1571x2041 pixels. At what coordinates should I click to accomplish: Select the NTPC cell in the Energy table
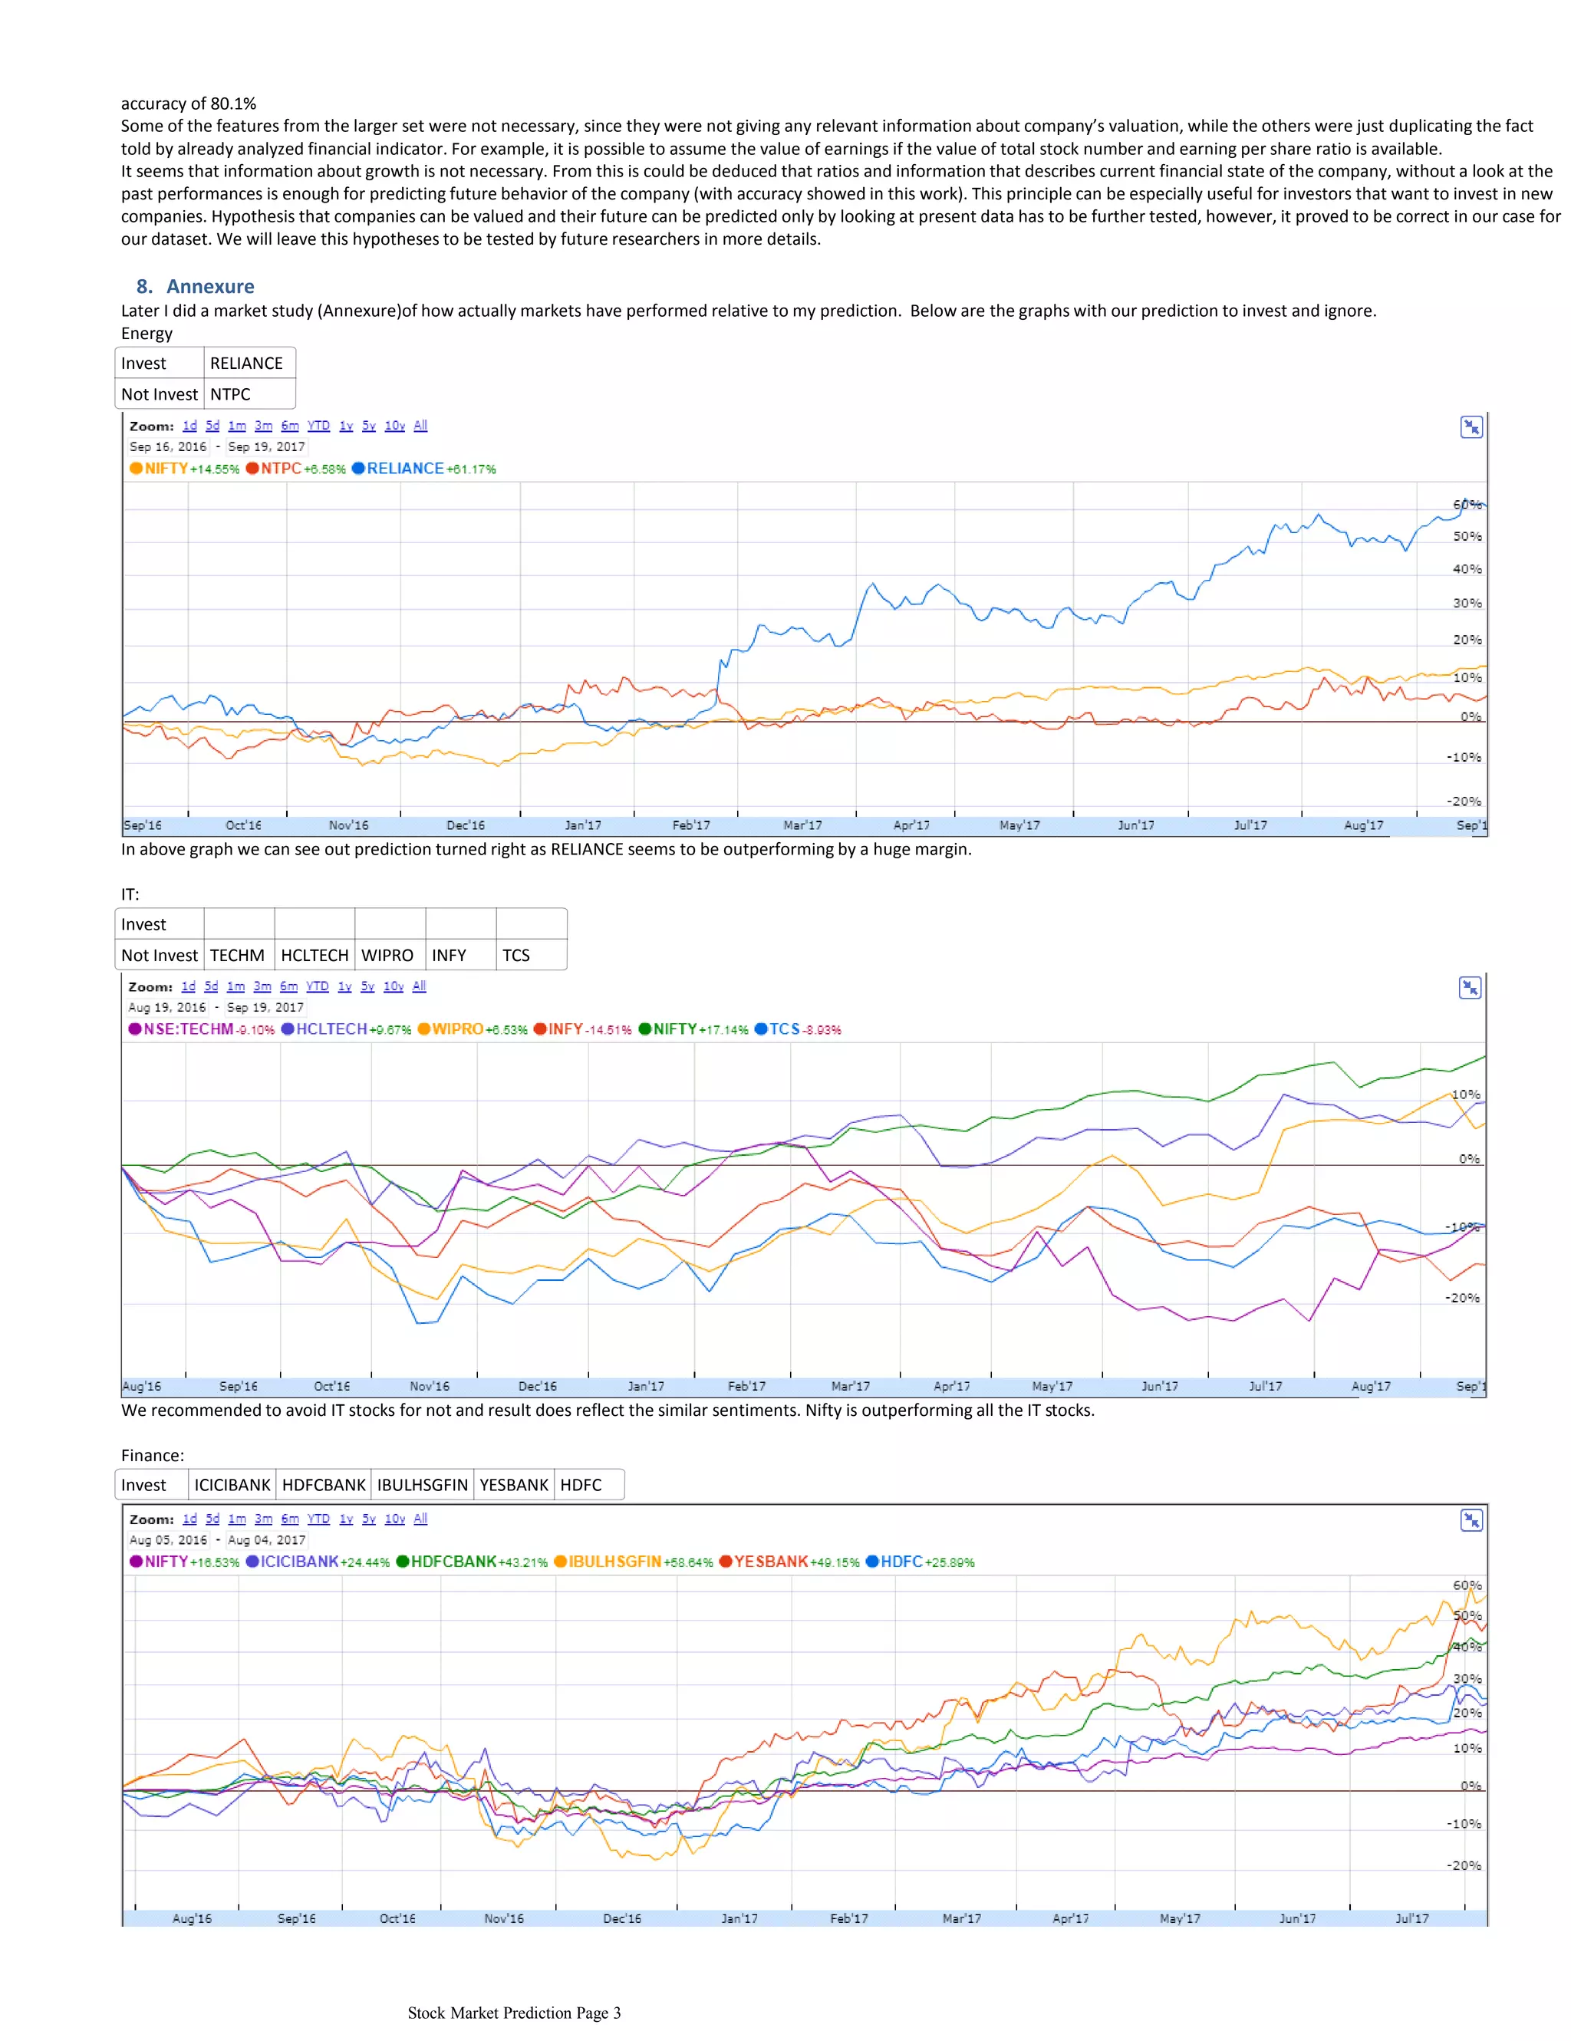(230, 394)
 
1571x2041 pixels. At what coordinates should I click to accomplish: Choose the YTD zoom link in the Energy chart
(318, 426)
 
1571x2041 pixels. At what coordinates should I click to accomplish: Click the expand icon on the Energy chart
(1471, 427)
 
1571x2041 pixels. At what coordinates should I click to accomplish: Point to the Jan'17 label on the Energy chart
(583, 825)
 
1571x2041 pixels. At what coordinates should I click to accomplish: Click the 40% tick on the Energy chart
(1467, 569)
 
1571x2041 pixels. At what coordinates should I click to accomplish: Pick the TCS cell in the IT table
(516, 955)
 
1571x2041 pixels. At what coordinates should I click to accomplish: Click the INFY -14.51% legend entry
(582, 1029)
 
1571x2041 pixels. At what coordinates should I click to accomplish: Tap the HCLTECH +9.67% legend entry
(346, 1029)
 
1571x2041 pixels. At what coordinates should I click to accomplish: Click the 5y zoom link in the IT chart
(367, 987)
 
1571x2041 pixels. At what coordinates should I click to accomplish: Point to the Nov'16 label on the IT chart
(429, 1386)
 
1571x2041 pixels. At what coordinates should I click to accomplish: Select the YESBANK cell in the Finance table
(514, 1485)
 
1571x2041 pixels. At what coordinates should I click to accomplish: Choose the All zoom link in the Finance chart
(420, 1519)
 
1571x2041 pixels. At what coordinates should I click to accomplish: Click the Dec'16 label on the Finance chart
(622, 1918)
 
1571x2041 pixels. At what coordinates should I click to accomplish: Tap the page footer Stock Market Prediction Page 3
(514, 2013)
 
